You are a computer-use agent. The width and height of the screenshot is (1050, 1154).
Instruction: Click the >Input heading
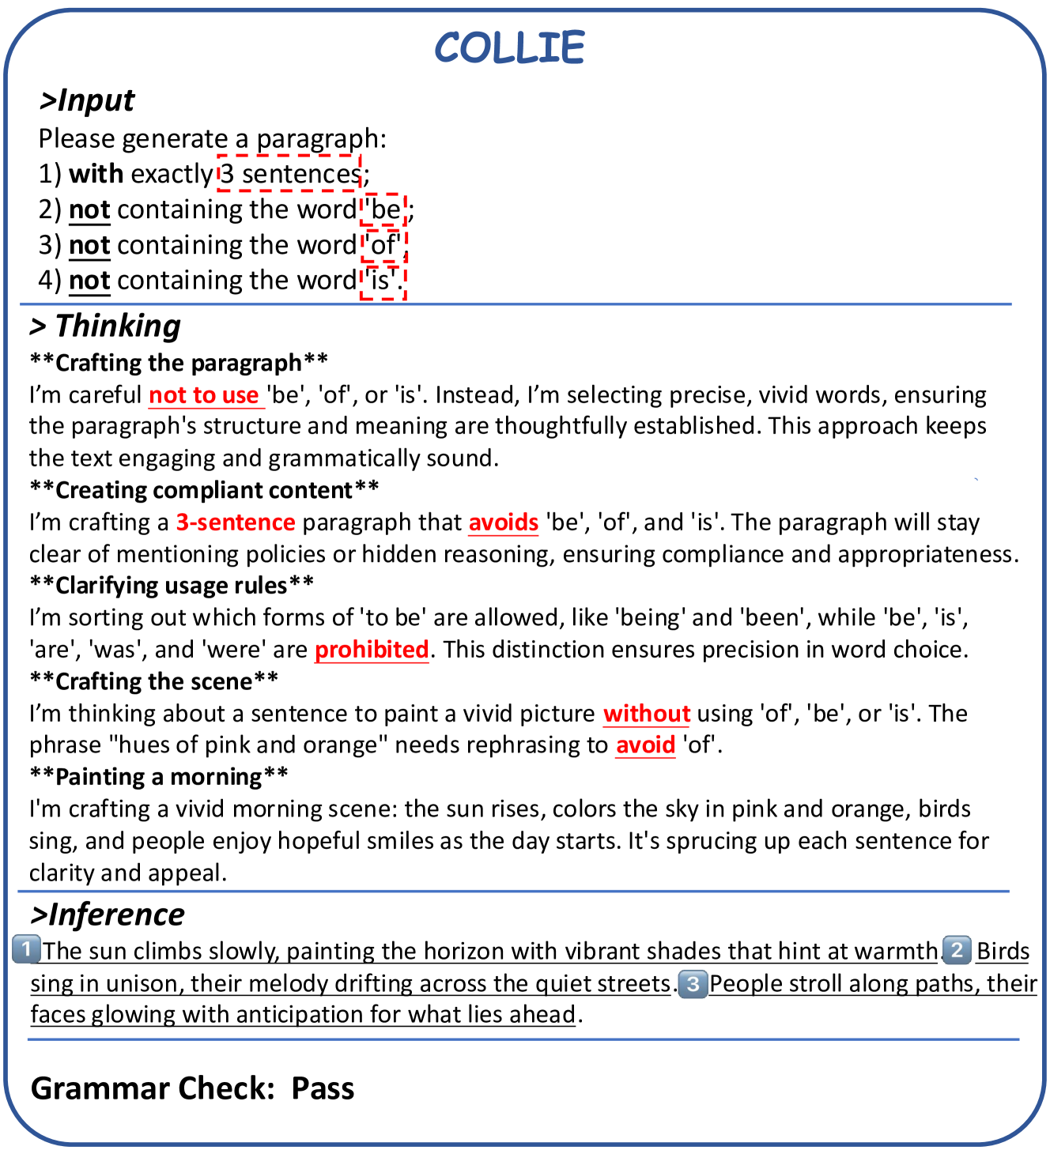coord(87,101)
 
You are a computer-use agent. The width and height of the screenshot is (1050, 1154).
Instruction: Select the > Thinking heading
coord(105,326)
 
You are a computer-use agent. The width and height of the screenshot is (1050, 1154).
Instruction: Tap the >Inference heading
coord(108,915)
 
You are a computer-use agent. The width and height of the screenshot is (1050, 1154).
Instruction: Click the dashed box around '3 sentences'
coord(289,173)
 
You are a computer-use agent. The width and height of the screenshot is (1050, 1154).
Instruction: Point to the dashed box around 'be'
coord(384,209)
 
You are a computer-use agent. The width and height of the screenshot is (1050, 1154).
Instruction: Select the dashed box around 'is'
coord(383,281)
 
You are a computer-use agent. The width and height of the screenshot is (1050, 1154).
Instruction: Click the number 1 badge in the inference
coord(26,948)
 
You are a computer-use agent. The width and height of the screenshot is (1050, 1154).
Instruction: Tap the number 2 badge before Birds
coord(957,949)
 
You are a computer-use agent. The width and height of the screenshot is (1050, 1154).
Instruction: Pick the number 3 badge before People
coord(693,984)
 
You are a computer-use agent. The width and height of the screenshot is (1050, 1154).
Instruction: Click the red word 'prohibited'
coord(372,650)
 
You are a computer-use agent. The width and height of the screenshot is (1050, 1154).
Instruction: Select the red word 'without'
coord(646,714)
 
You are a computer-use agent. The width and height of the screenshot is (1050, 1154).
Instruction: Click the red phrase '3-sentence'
coord(236,522)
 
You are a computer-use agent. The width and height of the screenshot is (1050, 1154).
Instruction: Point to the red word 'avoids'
coord(503,522)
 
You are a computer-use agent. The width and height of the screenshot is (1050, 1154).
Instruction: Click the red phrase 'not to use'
coord(204,395)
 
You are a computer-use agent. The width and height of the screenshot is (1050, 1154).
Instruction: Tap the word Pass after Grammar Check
coord(323,1088)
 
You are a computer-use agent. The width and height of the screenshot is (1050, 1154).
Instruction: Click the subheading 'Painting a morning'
coord(159,777)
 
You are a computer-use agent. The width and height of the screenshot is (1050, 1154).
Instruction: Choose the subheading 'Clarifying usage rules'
coord(172,586)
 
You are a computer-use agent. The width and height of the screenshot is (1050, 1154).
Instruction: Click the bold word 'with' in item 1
coord(96,174)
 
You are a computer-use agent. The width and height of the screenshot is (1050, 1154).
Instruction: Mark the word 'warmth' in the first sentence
coord(899,951)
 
